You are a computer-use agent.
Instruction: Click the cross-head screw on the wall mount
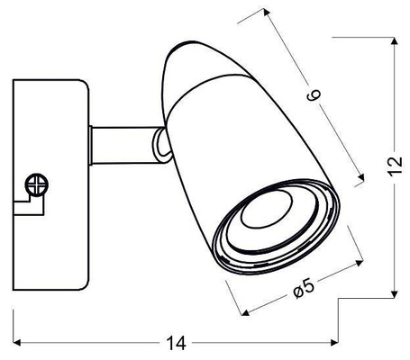tap(37, 184)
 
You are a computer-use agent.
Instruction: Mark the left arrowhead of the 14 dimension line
tap(16, 342)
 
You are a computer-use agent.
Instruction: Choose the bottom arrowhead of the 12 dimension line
tap(397, 293)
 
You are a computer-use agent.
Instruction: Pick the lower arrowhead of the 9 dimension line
tap(363, 176)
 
